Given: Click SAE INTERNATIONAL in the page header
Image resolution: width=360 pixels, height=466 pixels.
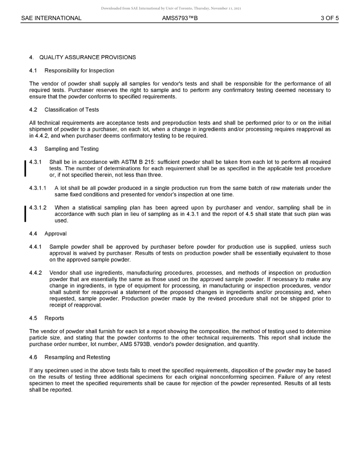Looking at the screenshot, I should (x=51, y=18).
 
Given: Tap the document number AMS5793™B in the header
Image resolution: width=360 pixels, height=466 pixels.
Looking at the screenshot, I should (x=180, y=18).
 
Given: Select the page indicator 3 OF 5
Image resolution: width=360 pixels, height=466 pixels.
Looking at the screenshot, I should (x=329, y=18).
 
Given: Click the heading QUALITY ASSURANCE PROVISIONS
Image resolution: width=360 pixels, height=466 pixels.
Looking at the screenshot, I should (x=88, y=58).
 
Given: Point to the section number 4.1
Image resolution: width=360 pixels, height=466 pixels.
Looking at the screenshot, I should (x=33, y=70).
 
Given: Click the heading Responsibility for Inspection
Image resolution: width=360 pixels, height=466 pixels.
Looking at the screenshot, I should (x=79, y=70).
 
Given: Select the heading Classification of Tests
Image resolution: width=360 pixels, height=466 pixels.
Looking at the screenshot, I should (x=72, y=110).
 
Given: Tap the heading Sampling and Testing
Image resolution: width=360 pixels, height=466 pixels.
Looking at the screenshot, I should (x=71, y=149).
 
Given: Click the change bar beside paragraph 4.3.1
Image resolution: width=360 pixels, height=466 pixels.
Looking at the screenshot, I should (x=25, y=169).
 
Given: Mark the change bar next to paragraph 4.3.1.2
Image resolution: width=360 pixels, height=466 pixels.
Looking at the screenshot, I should (x=25, y=214).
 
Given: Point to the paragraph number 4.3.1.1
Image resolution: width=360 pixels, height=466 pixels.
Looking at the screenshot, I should (x=38, y=188).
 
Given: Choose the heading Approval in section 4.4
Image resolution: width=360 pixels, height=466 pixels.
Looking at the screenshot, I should (x=55, y=234).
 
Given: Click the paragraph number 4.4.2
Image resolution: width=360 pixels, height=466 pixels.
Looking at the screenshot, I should (x=36, y=273).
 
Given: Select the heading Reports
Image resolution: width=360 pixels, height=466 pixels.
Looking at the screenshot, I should (x=54, y=318).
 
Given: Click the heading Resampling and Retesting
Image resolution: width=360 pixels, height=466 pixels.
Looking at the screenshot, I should (x=77, y=357).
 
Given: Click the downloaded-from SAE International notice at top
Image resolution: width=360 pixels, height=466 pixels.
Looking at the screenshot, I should (x=171, y=8).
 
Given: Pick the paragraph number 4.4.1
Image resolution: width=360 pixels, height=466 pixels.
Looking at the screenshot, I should (x=36, y=247).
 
